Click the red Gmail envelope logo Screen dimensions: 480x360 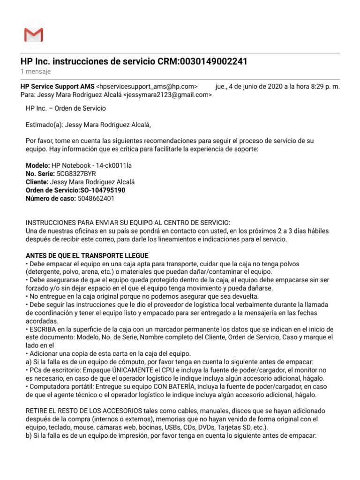[33, 35]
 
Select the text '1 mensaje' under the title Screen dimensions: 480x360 [36, 72]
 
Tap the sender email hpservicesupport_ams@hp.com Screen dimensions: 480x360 [147, 87]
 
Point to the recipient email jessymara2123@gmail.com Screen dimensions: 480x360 [167, 95]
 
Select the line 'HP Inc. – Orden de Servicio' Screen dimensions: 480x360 [66, 108]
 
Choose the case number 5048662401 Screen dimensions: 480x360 [96, 198]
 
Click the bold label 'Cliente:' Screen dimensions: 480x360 [37, 182]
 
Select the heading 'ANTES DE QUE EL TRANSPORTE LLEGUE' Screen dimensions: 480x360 [87, 255]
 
